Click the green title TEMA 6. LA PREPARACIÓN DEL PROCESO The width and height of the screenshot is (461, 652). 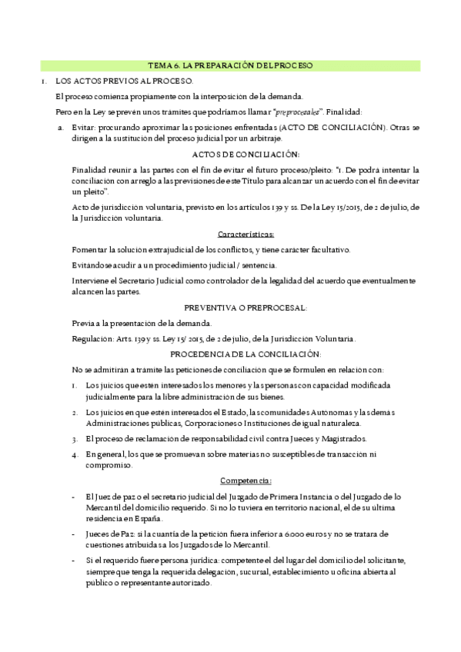(x=231, y=66)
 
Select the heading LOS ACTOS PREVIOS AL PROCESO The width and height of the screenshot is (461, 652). (x=123, y=81)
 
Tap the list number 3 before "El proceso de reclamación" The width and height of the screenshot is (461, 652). (x=75, y=439)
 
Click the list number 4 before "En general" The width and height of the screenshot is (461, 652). (x=75, y=454)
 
